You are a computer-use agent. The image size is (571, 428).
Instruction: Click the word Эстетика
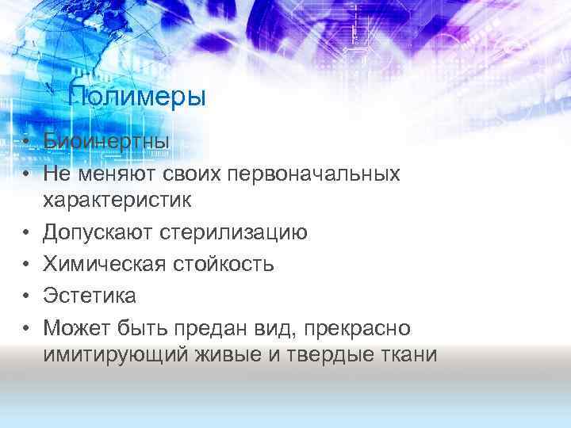(x=90, y=296)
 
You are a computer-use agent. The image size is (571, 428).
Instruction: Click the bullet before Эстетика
(x=26, y=296)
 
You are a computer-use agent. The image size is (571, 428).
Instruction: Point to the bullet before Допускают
(x=26, y=234)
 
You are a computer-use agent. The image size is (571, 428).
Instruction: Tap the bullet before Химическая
(x=26, y=265)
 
